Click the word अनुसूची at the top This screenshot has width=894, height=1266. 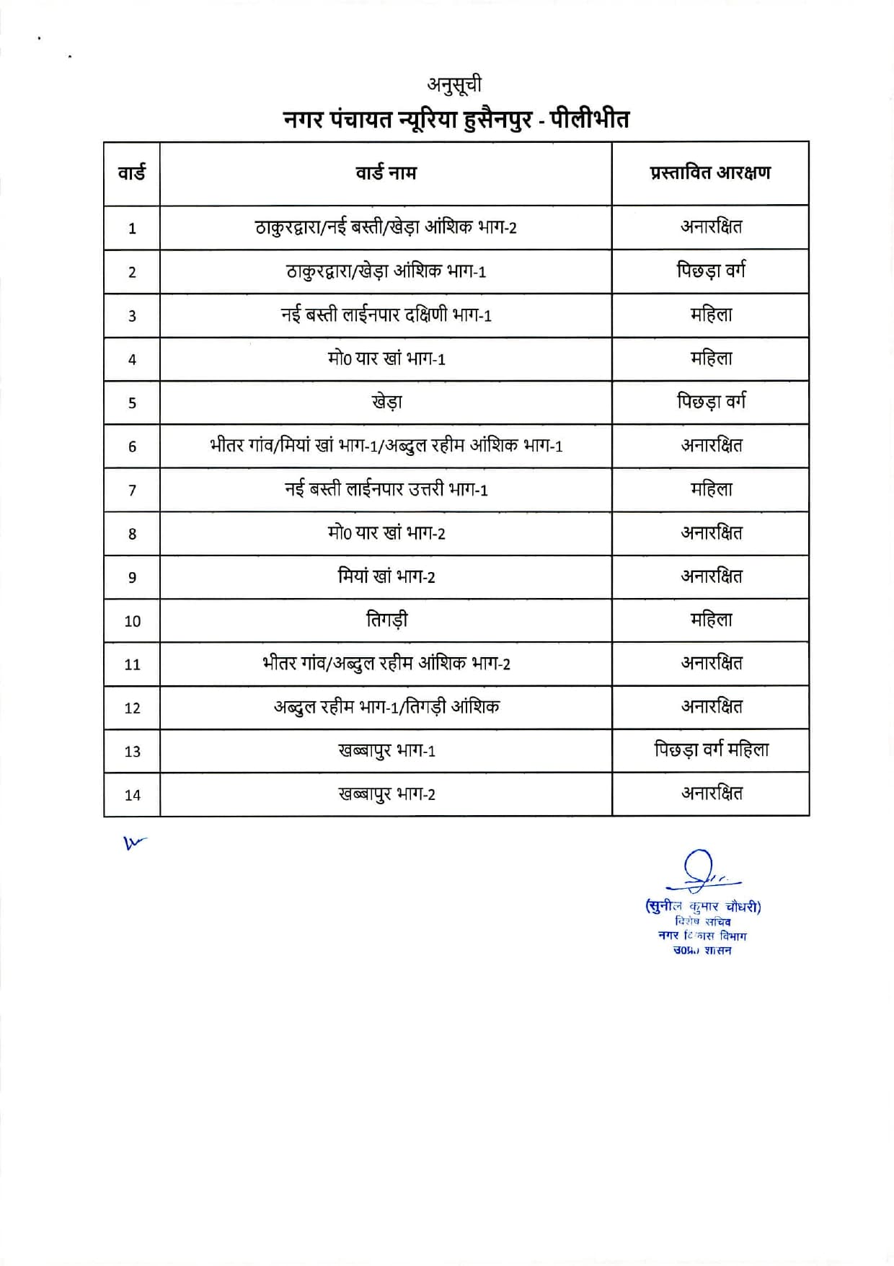453,85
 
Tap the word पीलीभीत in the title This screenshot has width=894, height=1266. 590,118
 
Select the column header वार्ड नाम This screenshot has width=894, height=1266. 386,173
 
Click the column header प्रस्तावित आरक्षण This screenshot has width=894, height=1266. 710,173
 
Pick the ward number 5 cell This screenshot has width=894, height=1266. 132,403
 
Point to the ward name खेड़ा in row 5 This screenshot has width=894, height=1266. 386,402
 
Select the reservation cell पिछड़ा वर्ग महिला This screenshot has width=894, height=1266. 711,750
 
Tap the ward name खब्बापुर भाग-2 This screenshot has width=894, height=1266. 386,794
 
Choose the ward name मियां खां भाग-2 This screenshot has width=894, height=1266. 386,576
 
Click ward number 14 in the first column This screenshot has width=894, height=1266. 132,795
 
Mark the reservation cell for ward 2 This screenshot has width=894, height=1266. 711,271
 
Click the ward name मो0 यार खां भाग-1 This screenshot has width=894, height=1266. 386,359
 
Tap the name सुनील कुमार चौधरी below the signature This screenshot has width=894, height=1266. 703,907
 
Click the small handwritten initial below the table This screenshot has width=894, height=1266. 133,842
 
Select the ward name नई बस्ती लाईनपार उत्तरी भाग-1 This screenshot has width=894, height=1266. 386,490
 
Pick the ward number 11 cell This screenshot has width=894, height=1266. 132,664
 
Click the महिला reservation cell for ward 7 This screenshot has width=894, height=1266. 711,490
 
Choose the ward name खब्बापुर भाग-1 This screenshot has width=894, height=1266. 386,751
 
